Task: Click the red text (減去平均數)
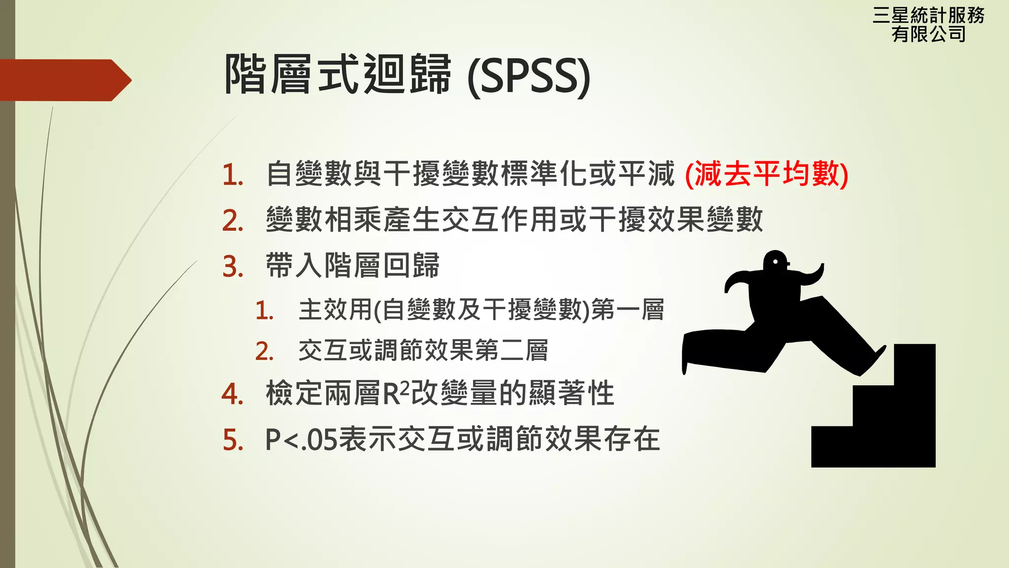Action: tap(767, 174)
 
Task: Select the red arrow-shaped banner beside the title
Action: tap(64, 80)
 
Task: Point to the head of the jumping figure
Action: tap(775, 261)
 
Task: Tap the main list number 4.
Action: tap(232, 394)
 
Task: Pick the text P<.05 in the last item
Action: tap(301, 439)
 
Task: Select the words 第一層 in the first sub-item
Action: tap(627, 310)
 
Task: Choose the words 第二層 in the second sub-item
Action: tap(511, 351)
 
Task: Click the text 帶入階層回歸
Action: tap(352, 266)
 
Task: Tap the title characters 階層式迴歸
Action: tap(337, 74)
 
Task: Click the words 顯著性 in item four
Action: tap(571, 393)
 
